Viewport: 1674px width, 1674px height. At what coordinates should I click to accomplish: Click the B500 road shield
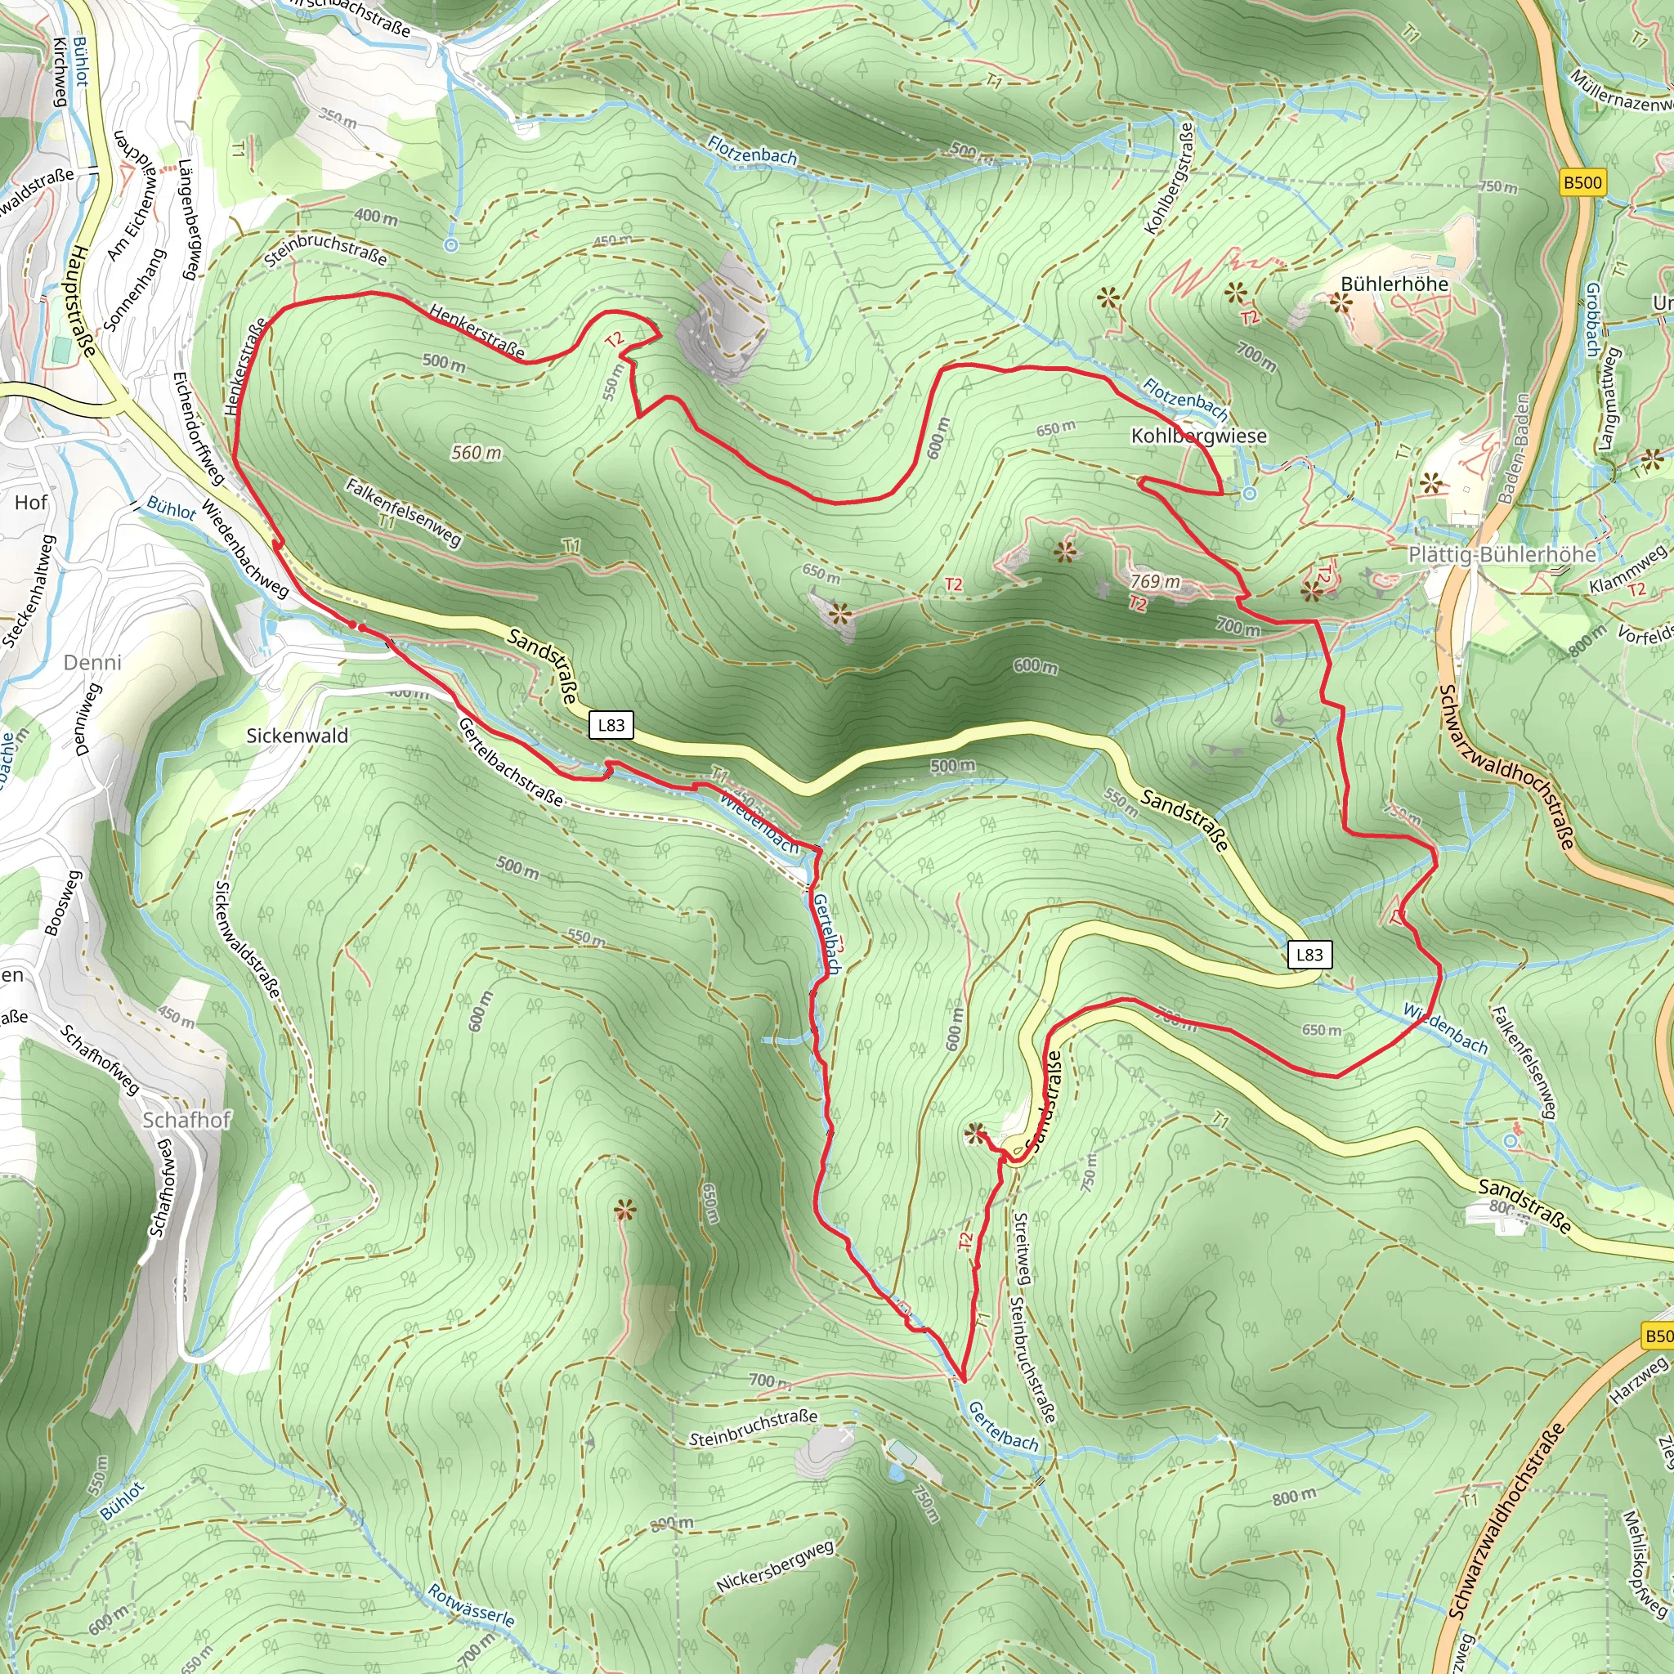1582,182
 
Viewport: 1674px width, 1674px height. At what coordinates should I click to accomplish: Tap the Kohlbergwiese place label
1198,436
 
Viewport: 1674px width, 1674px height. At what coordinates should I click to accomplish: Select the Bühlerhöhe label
1394,284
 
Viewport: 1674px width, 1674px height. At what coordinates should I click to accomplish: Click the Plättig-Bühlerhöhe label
1502,554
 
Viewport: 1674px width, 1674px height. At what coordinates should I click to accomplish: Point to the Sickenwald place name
298,736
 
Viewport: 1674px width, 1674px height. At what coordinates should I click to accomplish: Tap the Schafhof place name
186,1120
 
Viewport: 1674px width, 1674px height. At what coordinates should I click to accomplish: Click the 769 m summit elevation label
1155,580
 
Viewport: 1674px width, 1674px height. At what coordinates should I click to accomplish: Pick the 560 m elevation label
476,452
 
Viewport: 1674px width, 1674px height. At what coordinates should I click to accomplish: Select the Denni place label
92,662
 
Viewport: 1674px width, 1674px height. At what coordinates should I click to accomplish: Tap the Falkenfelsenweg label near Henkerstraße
403,511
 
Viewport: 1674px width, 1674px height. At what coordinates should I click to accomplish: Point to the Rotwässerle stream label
472,1605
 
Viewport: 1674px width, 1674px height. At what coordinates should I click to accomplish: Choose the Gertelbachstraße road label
510,761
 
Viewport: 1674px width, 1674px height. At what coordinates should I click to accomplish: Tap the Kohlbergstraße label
1169,177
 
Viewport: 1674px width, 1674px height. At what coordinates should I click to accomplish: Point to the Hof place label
31,503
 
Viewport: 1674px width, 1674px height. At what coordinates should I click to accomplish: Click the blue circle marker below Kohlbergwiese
1249,493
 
